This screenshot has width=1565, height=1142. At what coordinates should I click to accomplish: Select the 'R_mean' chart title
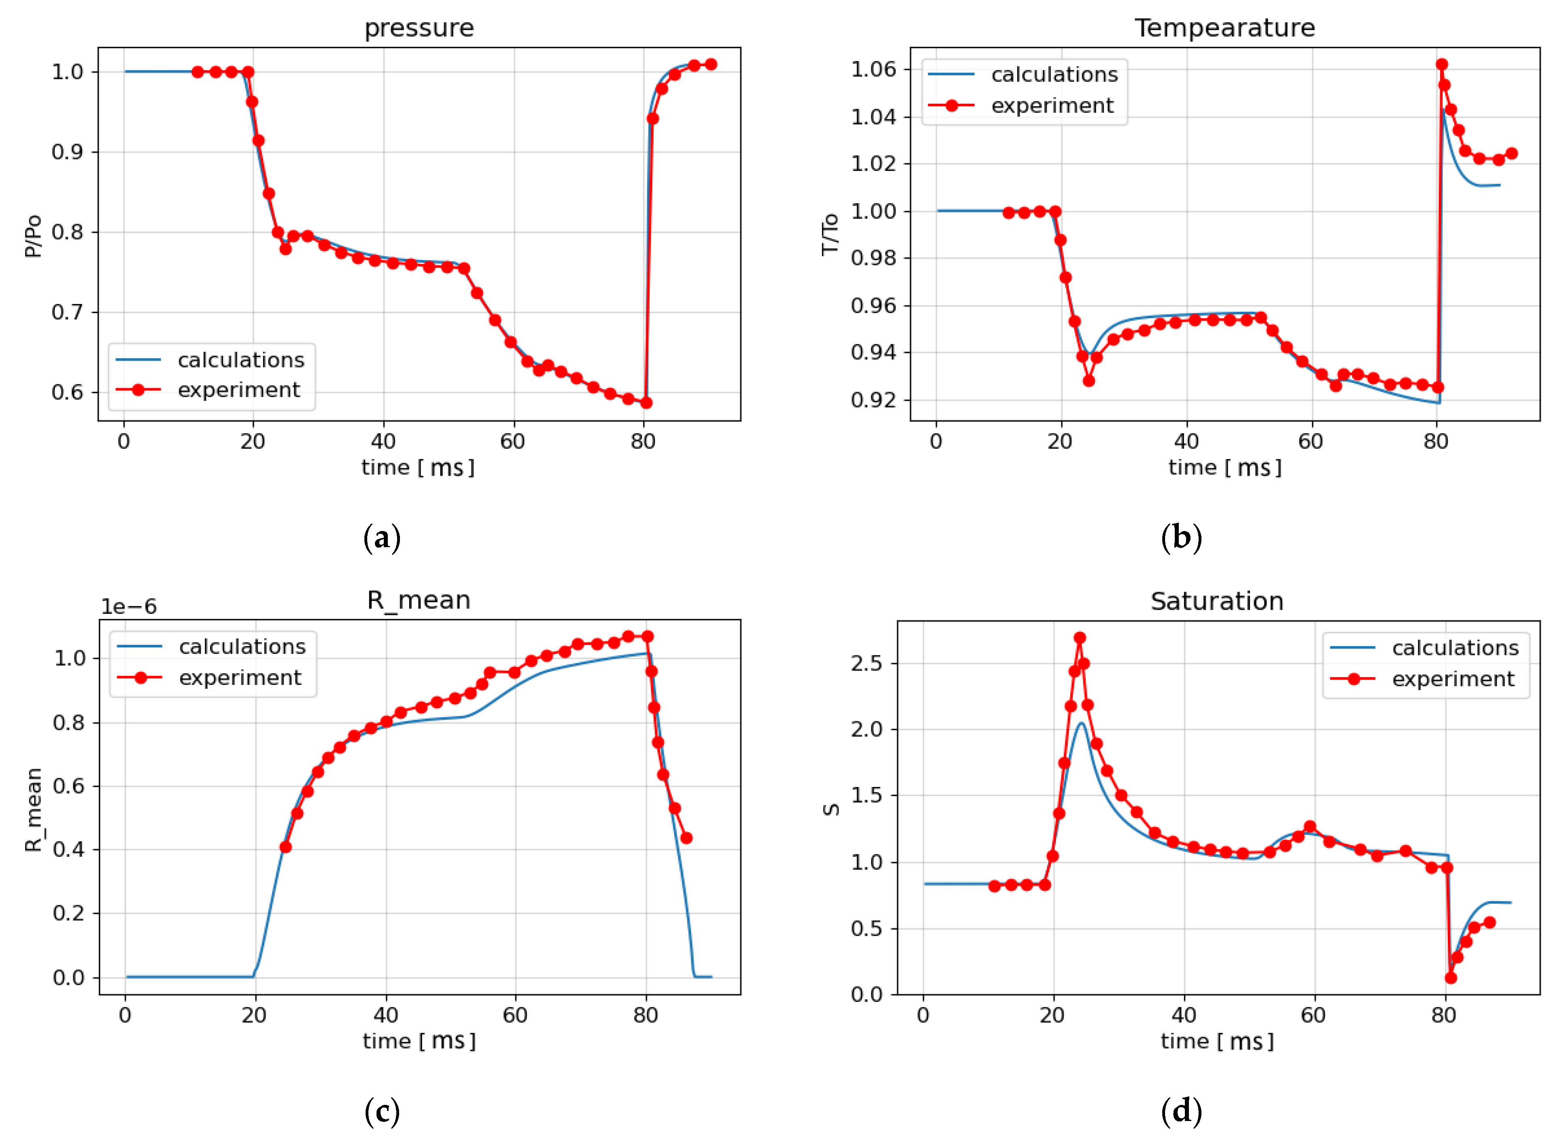pyautogui.click(x=419, y=600)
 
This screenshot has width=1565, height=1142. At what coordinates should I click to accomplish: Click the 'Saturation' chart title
pyautogui.click(x=1216, y=601)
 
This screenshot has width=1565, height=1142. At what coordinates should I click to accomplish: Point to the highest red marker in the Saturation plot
pyautogui.click(x=1079, y=637)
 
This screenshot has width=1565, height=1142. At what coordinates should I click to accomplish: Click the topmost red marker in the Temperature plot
pyautogui.click(x=1442, y=64)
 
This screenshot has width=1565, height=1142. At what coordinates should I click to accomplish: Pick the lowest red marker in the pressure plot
pyautogui.click(x=646, y=402)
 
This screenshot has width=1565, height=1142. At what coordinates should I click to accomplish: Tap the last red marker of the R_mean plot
pyautogui.click(x=686, y=838)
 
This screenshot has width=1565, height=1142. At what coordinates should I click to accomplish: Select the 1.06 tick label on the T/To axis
pyautogui.click(x=873, y=69)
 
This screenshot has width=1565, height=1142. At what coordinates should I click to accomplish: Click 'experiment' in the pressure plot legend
pyautogui.click(x=239, y=390)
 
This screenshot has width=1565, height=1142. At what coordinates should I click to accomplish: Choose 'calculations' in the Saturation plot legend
pyautogui.click(x=1455, y=648)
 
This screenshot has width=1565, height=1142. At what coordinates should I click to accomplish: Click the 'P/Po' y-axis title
pyautogui.click(x=32, y=236)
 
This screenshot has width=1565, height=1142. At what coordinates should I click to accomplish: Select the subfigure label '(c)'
pyautogui.click(x=382, y=1111)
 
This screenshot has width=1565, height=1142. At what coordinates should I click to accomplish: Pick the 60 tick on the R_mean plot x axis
pyautogui.click(x=515, y=1016)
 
